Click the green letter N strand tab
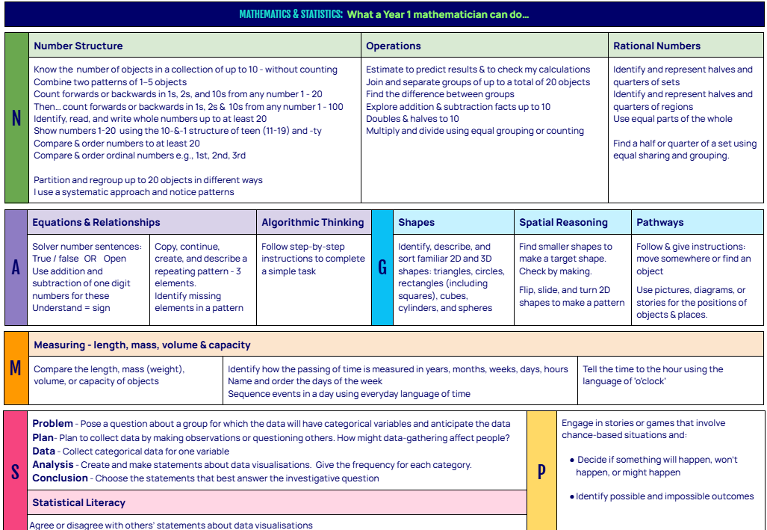[x=16, y=118]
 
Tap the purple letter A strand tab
[x=16, y=268]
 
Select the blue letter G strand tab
[x=382, y=268]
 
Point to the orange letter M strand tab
[x=16, y=369]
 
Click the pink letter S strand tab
[x=16, y=471]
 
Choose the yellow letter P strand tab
[x=541, y=471]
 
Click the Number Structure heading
[x=78, y=46]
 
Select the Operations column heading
[x=394, y=46]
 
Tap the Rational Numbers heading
[x=656, y=46]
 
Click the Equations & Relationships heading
[x=96, y=222]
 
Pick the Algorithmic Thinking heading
[x=313, y=222]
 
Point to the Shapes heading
[x=416, y=222]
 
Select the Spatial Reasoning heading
[x=563, y=222]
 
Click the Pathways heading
[x=659, y=222]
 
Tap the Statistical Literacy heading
[x=78, y=502]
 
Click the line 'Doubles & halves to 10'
[x=412, y=119]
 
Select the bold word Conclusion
[x=60, y=478]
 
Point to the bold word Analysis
[x=53, y=464]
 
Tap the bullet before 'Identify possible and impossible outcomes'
[x=571, y=496]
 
